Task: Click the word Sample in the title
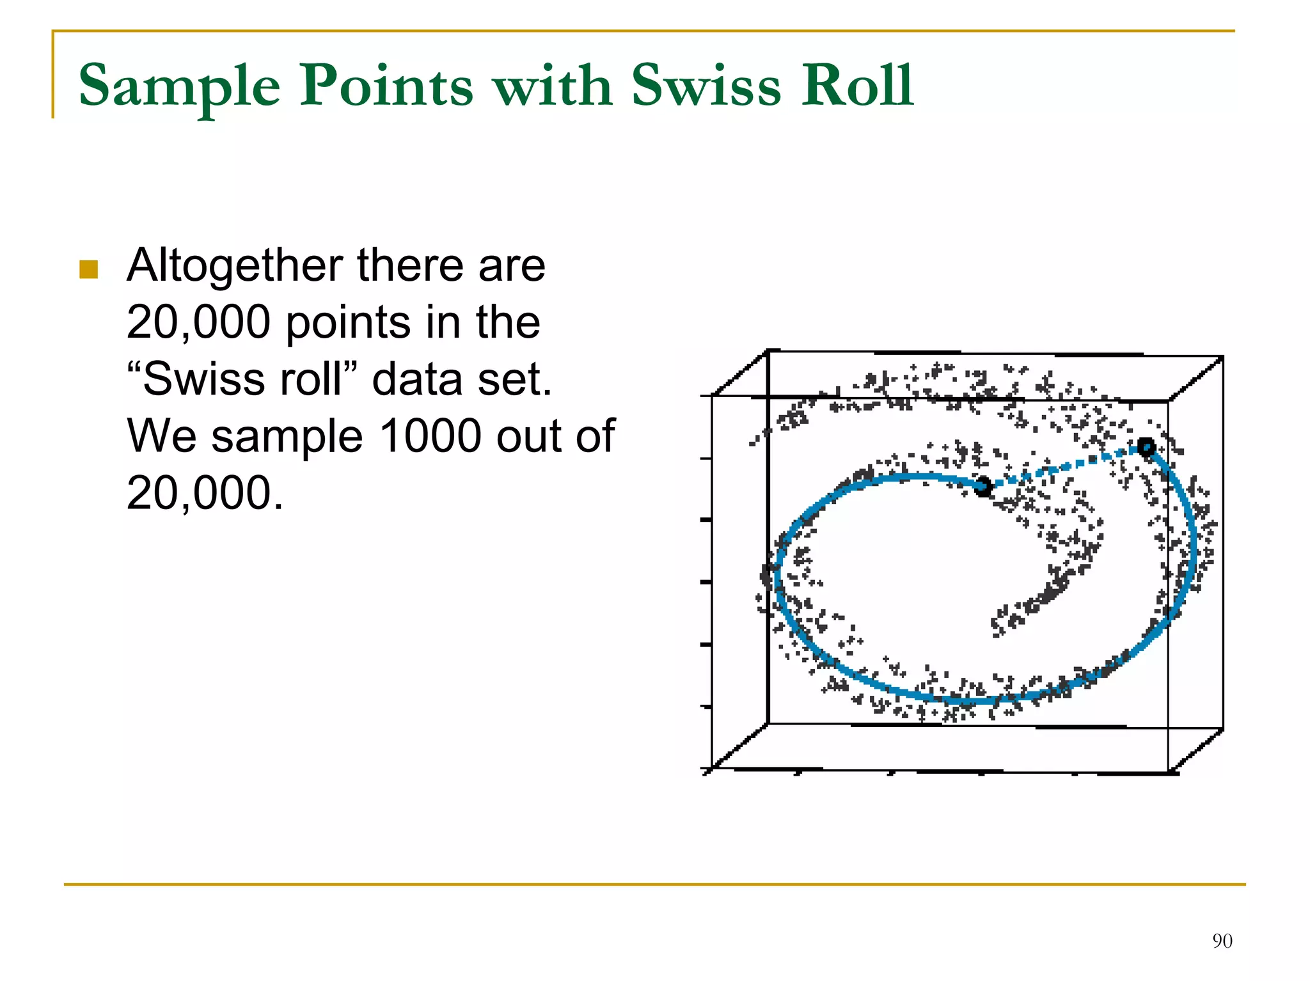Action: point(180,86)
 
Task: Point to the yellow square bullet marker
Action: point(88,269)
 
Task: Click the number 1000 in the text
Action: point(430,436)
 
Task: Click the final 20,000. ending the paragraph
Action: point(205,493)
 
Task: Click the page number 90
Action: point(1222,941)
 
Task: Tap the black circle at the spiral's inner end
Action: point(983,487)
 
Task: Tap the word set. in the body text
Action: point(517,379)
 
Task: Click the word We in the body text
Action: point(162,436)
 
